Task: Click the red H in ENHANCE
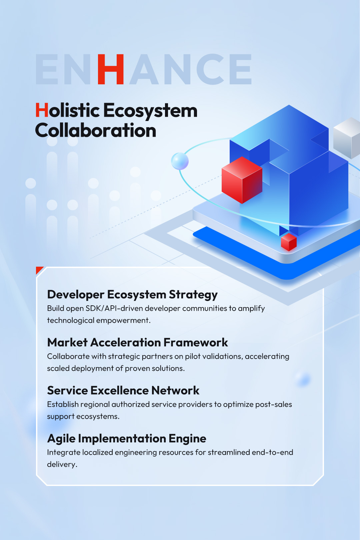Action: click(111, 69)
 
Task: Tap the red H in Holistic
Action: click(42, 110)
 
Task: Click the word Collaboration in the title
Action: click(96, 130)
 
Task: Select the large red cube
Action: click(242, 180)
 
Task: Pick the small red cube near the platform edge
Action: click(289, 242)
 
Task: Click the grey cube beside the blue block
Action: click(347, 138)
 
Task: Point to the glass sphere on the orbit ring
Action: click(180, 161)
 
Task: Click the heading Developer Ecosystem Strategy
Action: click(132, 295)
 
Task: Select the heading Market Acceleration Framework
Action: click(137, 342)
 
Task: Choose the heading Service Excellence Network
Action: click(123, 390)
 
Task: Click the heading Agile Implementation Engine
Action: click(127, 439)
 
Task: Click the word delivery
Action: click(62, 465)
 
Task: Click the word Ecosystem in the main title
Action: click(150, 111)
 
